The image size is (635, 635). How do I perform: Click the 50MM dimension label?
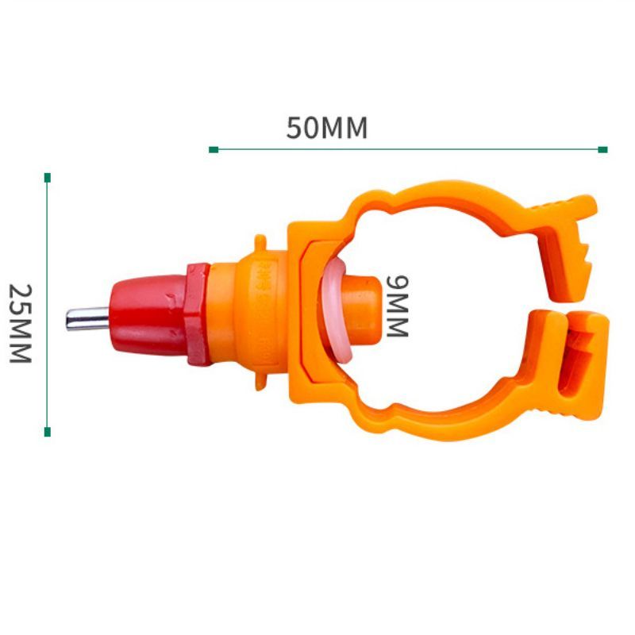click(x=327, y=128)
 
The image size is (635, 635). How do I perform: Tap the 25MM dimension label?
click(x=21, y=323)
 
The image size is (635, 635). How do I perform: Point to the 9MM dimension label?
click(x=398, y=306)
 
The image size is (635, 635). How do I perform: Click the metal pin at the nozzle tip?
click(x=87, y=319)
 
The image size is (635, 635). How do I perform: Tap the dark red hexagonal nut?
click(x=198, y=314)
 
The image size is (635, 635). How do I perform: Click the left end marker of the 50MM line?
click(x=214, y=150)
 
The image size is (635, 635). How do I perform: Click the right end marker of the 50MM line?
click(x=602, y=149)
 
